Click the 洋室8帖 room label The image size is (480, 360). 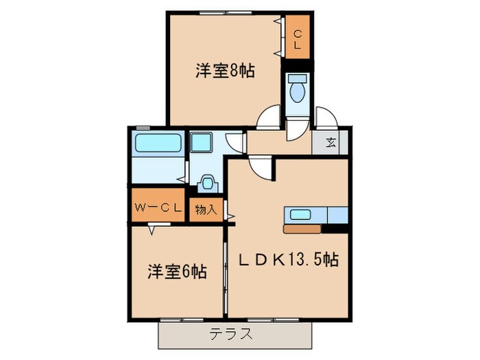(225, 70)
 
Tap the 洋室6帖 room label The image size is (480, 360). (176, 272)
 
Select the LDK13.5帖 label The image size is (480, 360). (288, 260)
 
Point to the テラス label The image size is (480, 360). (230, 335)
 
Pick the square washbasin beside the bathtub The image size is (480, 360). (202, 143)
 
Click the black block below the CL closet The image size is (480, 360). (298, 66)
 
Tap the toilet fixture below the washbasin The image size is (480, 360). (206, 183)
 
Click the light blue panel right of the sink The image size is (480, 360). (338, 214)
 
